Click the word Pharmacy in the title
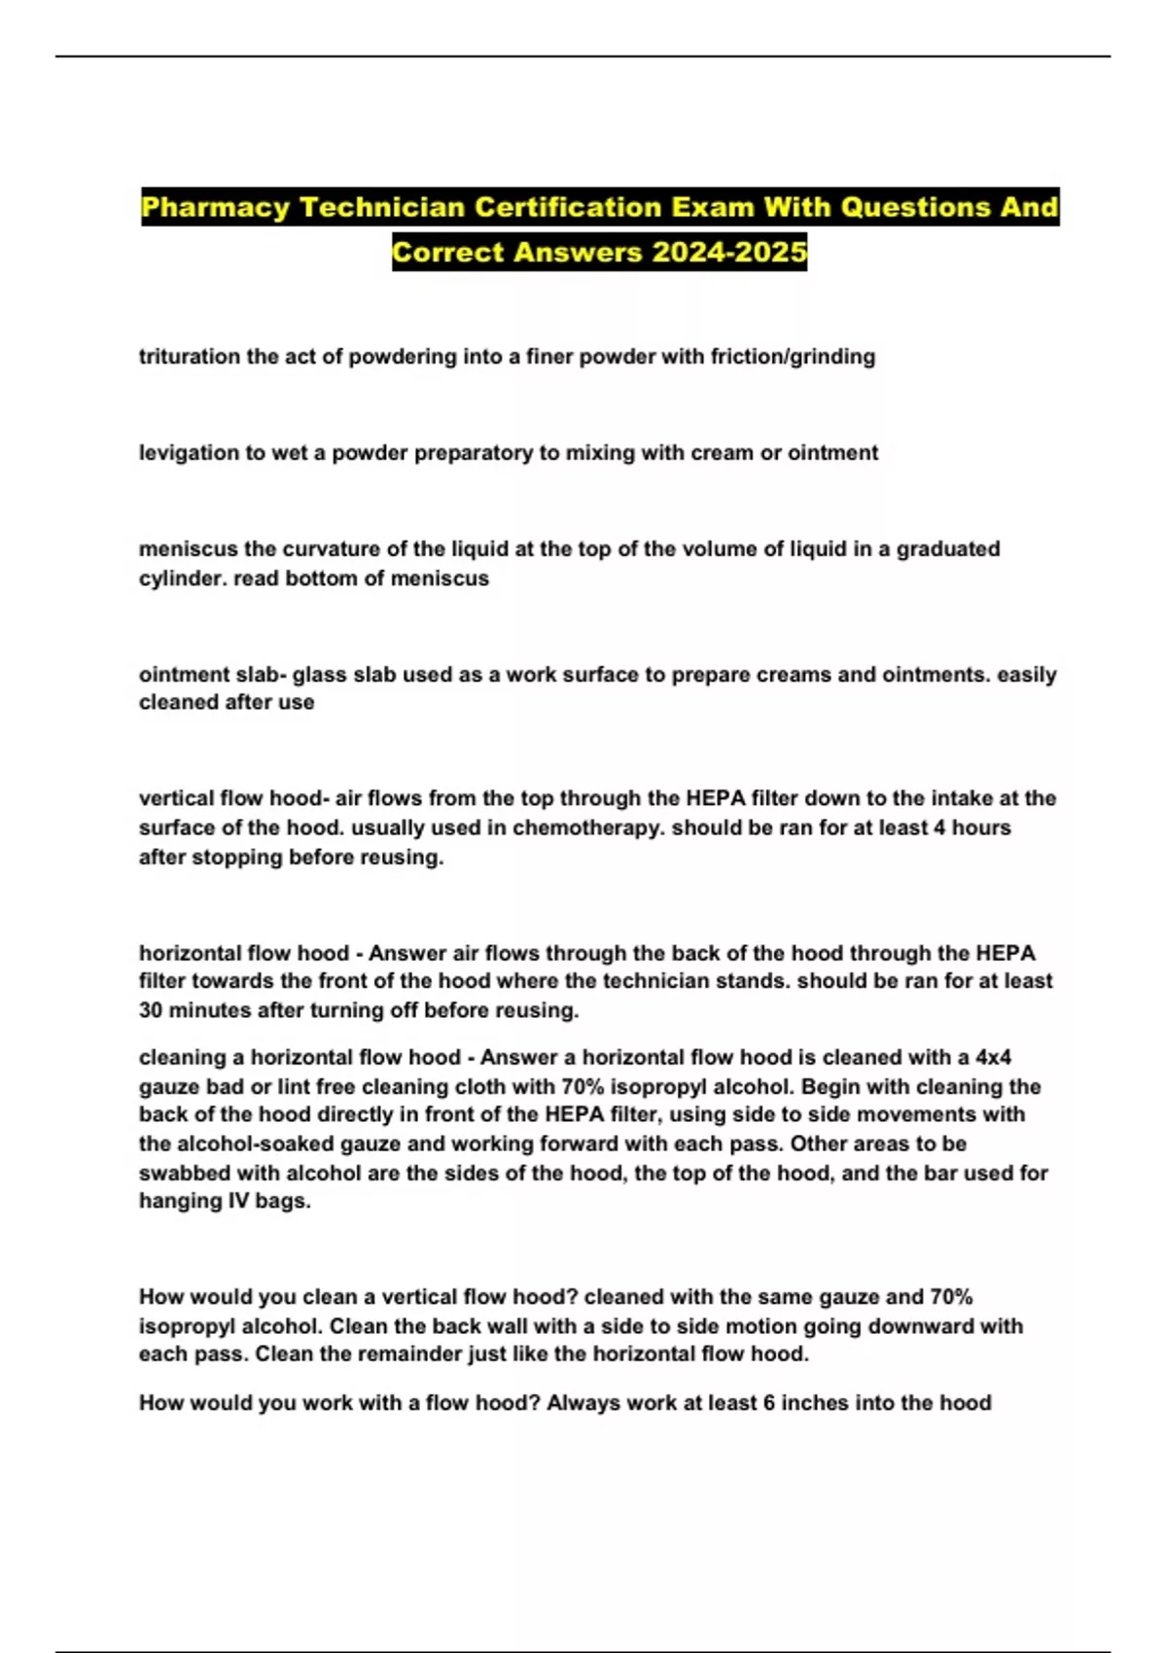(x=216, y=208)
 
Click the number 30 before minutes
(x=151, y=1010)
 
